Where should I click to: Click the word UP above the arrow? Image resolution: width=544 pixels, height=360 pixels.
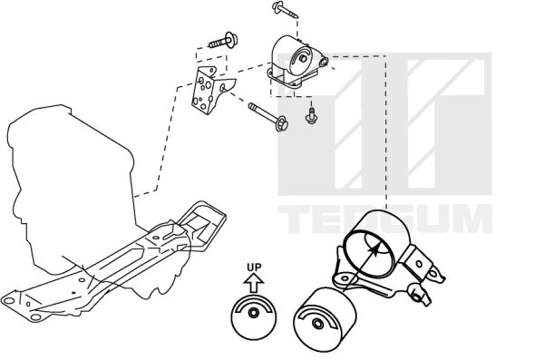[x=254, y=268]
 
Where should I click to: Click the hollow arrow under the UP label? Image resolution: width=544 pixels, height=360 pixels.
[x=254, y=283]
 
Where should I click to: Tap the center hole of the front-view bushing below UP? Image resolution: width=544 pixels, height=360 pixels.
[x=254, y=313]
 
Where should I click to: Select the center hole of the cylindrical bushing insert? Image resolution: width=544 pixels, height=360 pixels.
[x=317, y=324]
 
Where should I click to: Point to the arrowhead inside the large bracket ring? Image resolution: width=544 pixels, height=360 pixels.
[x=374, y=249]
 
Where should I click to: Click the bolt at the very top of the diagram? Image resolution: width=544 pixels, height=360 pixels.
[x=286, y=9]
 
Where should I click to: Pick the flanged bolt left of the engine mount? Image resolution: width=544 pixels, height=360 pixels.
[x=223, y=41]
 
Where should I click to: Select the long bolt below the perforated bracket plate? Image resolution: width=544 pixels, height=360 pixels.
[x=268, y=117]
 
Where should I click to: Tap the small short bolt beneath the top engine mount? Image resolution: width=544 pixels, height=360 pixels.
[x=311, y=115]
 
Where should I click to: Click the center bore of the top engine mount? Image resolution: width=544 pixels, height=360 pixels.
[x=303, y=58]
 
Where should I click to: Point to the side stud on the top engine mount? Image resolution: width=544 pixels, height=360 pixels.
[x=324, y=62]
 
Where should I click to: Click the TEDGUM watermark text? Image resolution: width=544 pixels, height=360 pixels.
[x=385, y=219]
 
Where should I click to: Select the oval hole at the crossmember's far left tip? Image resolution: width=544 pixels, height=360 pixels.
[x=8, y=300]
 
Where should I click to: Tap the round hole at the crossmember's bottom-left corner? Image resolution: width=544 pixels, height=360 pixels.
[x=35, y=317]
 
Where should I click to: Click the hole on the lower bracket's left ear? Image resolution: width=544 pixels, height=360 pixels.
[x=345, y=278]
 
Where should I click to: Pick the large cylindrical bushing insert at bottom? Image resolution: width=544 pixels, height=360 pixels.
[x=325, y=319]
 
